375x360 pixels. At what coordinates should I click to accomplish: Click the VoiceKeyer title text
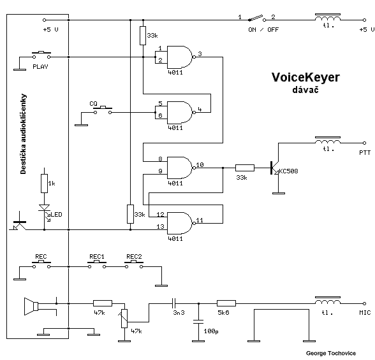click(x=305, y=77)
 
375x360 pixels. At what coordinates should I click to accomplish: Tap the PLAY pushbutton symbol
click(x=41, y=55)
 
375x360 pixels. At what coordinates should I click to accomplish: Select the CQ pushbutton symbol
click(x=103, y=110)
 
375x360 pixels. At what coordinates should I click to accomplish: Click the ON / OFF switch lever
click(x=256, y=18)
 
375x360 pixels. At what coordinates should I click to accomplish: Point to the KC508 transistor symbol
click(x=275, y=168)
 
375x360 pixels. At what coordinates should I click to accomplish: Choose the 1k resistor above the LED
click(x=44, y=184)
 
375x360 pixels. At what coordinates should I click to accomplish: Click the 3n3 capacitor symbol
click(x=174, y=304)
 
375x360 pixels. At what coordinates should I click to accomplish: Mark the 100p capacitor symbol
click(x=198, y=322)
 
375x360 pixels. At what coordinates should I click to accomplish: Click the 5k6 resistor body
click(x=226, y=304)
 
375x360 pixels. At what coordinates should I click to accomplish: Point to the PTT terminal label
click(x=365, y=153)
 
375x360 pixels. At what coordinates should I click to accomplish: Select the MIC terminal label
click(x=365, y=312)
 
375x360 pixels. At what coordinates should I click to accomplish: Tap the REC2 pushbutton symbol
click(x=134, y=264)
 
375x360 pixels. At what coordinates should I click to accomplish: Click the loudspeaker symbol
click(x=31, y=306)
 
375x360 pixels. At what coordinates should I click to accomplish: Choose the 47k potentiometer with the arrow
click(x=124, y=319)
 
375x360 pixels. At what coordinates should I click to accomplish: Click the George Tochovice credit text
click(x=331, y=354)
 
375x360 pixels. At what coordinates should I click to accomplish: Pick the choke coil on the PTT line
click(x=328, y=141)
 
